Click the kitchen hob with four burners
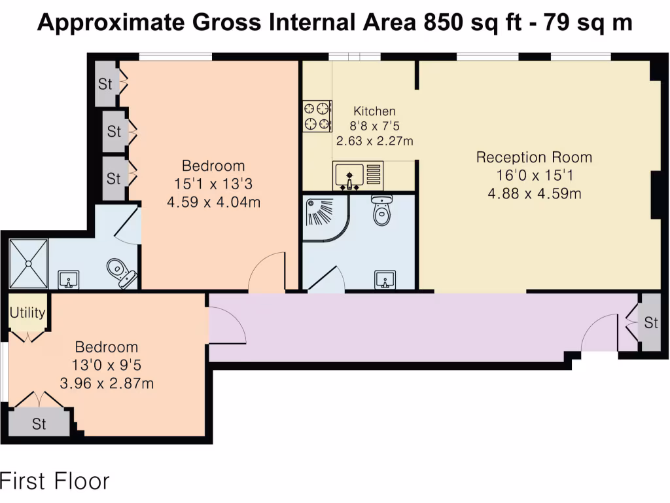[x=316, y=115]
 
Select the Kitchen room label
[x=374, y=111]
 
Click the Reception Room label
[x=534, y=157]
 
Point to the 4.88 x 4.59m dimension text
[x=534, y=193]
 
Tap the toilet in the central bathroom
[x=380, y=210]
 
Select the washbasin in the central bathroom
[x=385, y=280]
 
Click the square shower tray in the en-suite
[x=29, y=263]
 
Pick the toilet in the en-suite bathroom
[x=119, y=272]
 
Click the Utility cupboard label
[x=27, y=312]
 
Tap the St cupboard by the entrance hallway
[x=650, y=322]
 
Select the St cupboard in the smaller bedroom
[x=39, y=424]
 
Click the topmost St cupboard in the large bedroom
[x=106, y=84]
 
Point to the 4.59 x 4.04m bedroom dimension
[x=213, y=202]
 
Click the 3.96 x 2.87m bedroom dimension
[x=107, y=383]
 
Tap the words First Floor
[x=54, y=481]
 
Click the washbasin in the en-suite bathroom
[x=69, y=280]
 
